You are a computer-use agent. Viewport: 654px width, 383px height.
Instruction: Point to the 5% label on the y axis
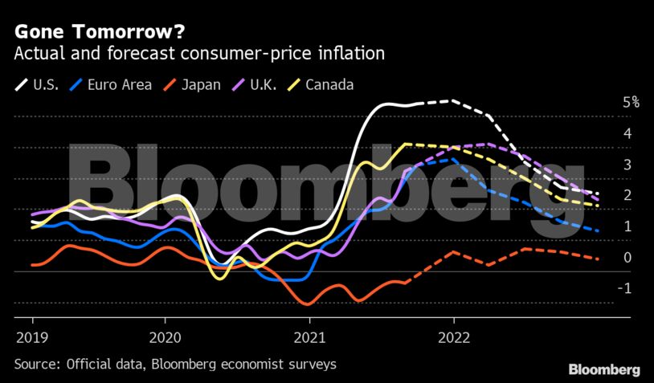(x=631, y=103)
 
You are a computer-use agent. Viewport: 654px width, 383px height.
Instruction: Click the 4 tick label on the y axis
(x=627, y=133)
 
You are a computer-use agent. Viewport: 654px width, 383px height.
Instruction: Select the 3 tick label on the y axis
(x=627, y=165)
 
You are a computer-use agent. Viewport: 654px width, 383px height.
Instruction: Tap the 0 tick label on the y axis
(x=627, y=258)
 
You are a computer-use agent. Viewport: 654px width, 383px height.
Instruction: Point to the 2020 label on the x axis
(x=165, y=336)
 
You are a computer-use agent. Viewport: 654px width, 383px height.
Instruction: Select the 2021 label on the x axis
(x=310, y=336)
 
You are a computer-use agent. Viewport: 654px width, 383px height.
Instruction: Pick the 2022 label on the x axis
(x=454, y=336)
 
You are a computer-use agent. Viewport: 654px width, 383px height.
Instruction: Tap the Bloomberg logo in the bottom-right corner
(x=604, y=369)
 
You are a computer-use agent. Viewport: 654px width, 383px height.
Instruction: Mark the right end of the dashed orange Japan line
(x=599, y=259)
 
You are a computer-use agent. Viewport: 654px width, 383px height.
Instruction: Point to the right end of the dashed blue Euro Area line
(x=599, y=231)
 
